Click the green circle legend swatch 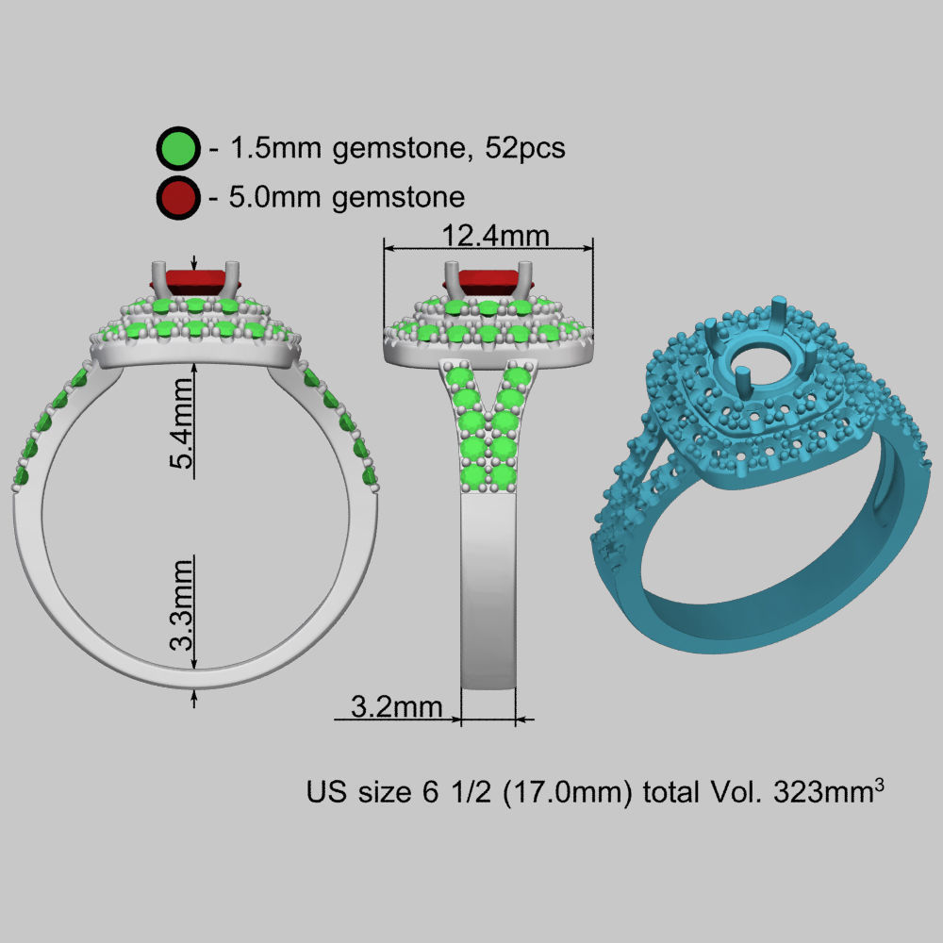(x=178, y=149)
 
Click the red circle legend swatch (x=178, y=198)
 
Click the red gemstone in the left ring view (x=193, y=280)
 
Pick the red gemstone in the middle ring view (x=487, y=280)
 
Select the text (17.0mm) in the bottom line (x=567, y=791)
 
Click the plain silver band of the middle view (x=488, y=594)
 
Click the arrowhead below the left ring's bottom (x=194, y=698)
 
